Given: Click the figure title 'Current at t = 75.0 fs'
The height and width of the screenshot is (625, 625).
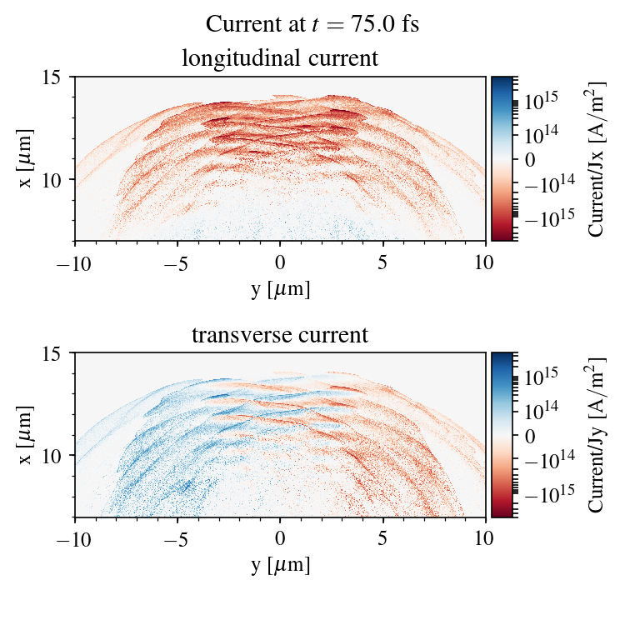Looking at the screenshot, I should pos(312,24).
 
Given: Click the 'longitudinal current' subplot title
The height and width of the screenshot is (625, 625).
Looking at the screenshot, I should pos(280,59).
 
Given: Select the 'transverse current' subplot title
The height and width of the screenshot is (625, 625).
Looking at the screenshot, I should pos(280,336).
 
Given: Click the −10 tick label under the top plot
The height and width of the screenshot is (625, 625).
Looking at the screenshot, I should pos(75,262).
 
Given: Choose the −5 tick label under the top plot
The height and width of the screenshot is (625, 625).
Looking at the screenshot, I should pos(177,262).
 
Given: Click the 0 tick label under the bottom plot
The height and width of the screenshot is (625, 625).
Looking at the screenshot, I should pos(281,538).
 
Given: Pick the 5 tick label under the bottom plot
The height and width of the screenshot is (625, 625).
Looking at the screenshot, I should pos(383,538).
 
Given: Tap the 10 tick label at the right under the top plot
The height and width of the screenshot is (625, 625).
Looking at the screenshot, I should pos(486,262).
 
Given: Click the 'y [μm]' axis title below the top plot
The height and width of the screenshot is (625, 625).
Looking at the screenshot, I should pos(280,288).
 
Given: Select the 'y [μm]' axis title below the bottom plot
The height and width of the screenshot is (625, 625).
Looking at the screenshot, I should pos(280,565).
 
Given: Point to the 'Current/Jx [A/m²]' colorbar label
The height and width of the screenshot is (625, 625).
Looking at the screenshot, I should pos(597,158).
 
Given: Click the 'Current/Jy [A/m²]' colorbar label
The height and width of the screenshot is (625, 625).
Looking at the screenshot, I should pos(597,435).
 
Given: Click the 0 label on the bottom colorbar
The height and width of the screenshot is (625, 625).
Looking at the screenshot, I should pos(528,435).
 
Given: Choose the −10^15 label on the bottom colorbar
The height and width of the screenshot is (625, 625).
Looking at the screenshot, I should pos(549,492).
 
